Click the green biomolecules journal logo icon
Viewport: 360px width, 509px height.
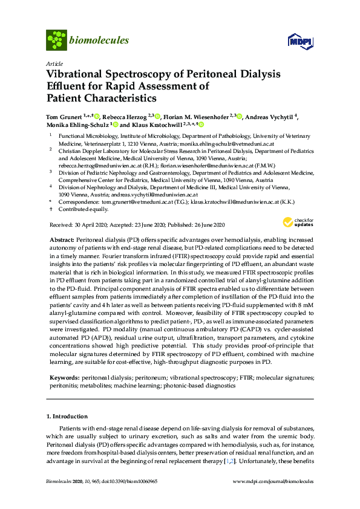point(56,41)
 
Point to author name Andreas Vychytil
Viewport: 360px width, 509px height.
point(278,116)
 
